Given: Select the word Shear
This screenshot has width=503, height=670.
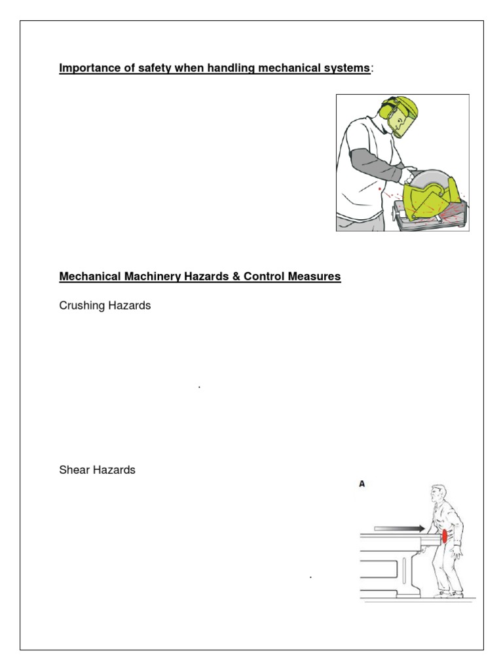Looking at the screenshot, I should pyautogui.click(x=73, y=470).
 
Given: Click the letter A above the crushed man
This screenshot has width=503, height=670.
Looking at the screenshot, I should pyautogui.click(x=362, y=485).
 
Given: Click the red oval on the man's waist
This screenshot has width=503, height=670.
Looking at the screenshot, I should pyautogui.click(x=445, y=537).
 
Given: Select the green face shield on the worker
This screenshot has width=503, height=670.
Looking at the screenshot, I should pyautogui.click(x=403, y=117).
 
